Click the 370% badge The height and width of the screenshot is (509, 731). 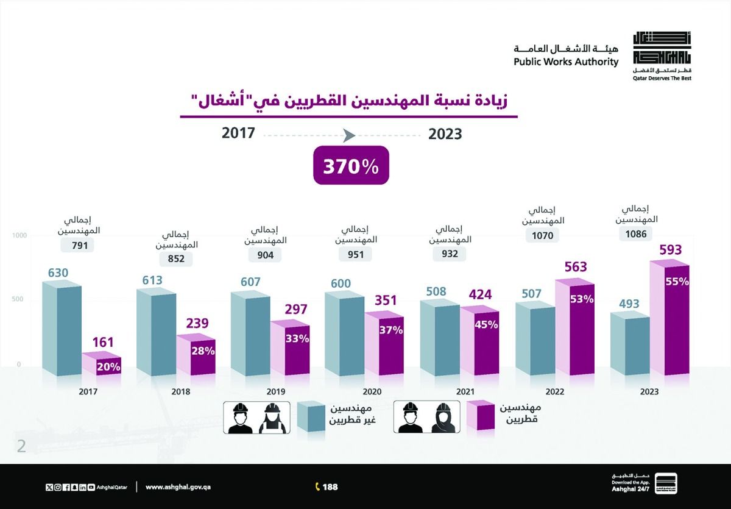click(x=351, y=165)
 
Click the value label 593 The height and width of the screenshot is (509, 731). click(x=670, y=250)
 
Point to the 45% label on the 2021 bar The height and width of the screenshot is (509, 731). click(x=486, y=324)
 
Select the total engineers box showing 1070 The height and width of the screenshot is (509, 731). click(x=542, y=235)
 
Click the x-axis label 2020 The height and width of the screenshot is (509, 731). click(x=372, y=391)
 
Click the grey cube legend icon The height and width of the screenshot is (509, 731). click(x=311, y=416)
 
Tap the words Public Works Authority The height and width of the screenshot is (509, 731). click(x=565, y=62)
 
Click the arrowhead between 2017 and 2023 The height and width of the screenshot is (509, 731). click(x=349, y=135)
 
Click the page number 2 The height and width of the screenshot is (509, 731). click(x=22, y=446)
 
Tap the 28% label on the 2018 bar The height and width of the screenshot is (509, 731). click(x=202, y=351)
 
